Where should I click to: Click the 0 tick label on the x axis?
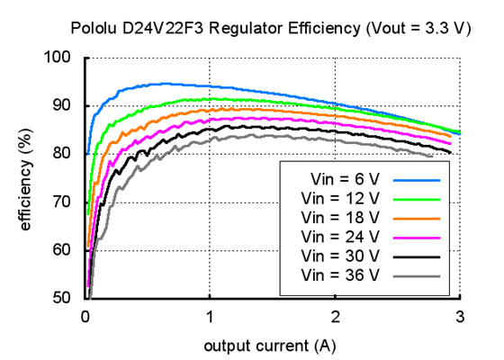tap(85, 316)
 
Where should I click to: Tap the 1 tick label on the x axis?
tap(211, 316)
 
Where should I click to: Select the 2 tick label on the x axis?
tap(335, 316)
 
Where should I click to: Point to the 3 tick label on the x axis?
tap(460, 316)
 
